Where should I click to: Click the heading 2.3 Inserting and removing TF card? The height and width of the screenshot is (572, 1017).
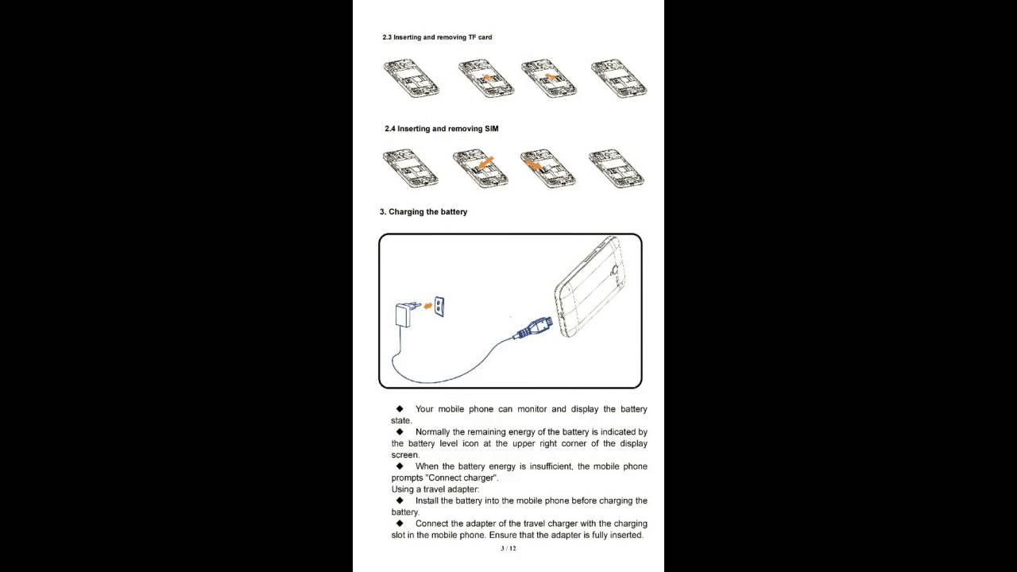pyautogui.click(x=437, y=37)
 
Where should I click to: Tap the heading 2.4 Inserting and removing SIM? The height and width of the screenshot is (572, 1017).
pyautogui.click(x=441, y=129)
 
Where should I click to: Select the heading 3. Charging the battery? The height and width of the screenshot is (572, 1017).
pyautogui.click(x=423, y=212)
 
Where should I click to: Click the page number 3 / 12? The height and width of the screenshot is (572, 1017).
pyautogui.click(x=508, y=548)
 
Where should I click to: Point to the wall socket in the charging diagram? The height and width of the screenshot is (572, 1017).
pyautogui.click(x=439, y=307)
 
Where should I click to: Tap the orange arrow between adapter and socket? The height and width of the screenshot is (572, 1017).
pyautogui.click(x=427, y=307)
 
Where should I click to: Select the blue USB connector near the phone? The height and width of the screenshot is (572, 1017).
pyautogui.click(x=532, y=328)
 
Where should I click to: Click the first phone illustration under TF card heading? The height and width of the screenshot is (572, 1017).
pyautogui.click(x=412, y=78)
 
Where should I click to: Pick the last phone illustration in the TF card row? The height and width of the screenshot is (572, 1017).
pyautogui.click(x=619, y=78)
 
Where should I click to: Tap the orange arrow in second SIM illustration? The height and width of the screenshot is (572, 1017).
pyautogui.click(x=485, y=163)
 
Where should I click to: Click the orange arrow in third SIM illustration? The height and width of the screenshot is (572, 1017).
pyautogui.click(x=532, y=163)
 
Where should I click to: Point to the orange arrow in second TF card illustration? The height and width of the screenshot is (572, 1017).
pyautogui.click(x=487, y=78)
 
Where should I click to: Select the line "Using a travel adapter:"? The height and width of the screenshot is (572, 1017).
pyautogui.click(x=435, y=489)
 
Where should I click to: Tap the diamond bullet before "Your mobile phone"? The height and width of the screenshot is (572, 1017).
pyautogui.click(x=400, y=408)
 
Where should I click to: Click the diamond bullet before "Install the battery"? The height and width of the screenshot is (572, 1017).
pyautogui.click(x=400, y=500)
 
